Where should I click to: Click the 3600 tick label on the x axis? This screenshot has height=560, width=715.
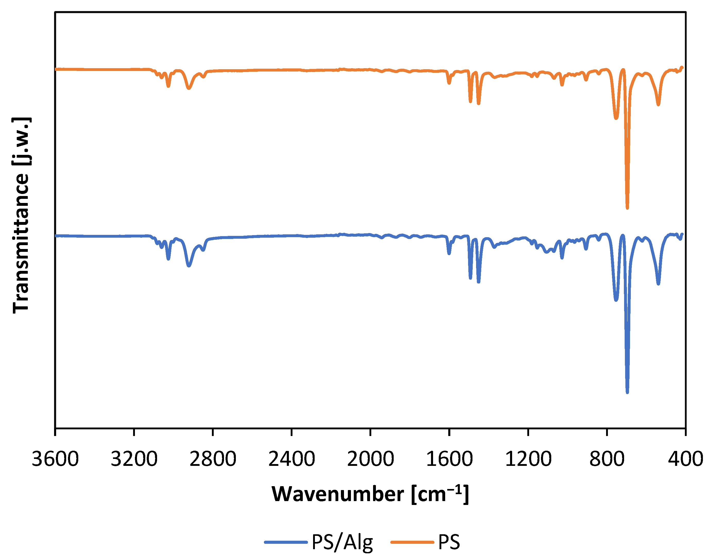tap(55, 459)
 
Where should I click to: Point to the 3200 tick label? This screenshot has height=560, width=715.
tap(134, 459)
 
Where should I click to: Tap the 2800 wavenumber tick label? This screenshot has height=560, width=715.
tap(213, 459)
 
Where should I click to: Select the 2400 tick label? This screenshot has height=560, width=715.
tap(291, 459)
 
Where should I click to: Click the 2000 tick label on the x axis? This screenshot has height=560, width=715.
tap(370, 459)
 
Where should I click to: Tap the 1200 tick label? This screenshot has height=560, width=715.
tap(528, 459)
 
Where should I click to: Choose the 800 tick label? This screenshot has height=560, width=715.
tap(607, 459)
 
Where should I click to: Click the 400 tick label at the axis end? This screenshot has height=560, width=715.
tap(685, 459)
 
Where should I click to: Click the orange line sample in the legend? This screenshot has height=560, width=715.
tap(412, 542)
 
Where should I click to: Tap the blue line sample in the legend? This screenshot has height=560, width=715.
tap(286, 542)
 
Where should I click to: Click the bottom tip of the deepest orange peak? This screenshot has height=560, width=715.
tap(627, 208)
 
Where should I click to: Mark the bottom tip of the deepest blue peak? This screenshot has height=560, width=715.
tap(627, 392)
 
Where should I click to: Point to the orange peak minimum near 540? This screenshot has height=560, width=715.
tap(658, 104)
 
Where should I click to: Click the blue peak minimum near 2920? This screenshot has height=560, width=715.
tap(189, 265)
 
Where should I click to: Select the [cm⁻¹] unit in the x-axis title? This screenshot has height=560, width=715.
tap(440, 494)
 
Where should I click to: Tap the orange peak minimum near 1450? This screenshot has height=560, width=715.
tap(478, 103)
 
